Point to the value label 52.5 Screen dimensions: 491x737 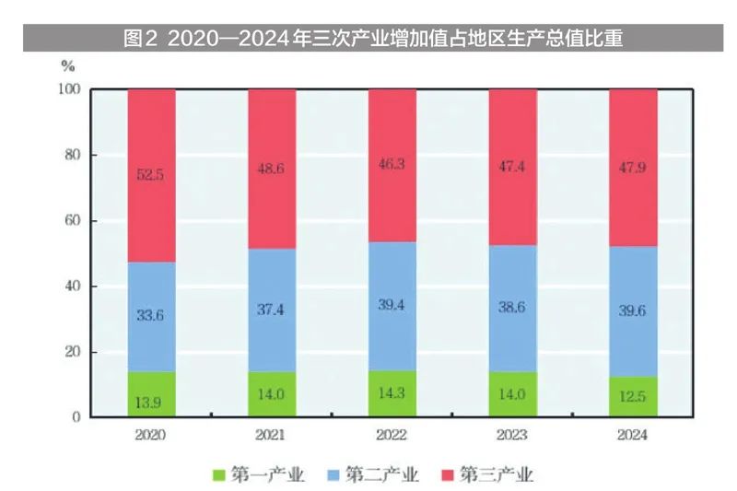(x=151, y=175)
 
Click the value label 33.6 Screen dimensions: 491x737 (x=151, y=315)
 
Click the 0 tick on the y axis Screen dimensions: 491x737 (x=77, y=417)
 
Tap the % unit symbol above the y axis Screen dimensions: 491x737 (x=67, y=65)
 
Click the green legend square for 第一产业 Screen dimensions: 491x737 (x=218, y=475)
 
